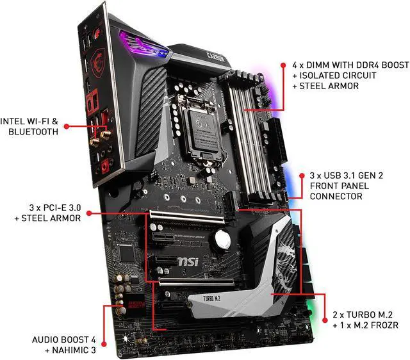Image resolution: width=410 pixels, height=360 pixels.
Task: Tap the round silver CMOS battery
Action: pos(222,239)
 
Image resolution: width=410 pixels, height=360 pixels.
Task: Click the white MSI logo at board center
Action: pos(204,263)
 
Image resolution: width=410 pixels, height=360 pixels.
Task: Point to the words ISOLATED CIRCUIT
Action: pos(329,76)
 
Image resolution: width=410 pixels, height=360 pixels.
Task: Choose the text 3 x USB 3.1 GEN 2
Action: pos(347,174)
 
